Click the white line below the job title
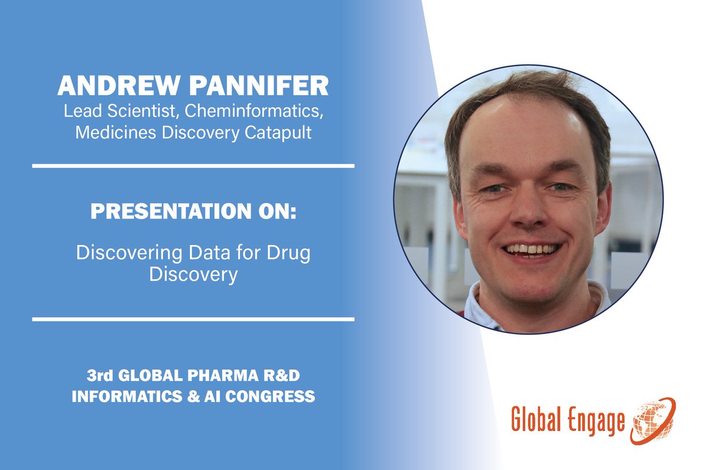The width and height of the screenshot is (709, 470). pyautogui.click(x=193, y=166)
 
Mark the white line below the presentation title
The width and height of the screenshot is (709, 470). pyautogui.click(x=193, y=319)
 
